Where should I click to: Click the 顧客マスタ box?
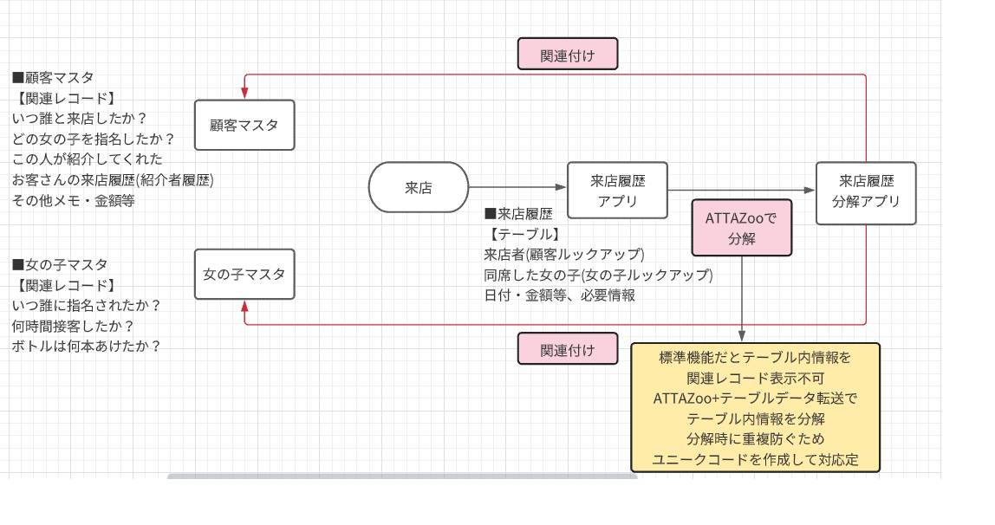click(x=244, y=126)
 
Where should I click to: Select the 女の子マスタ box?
click(x=244, y=275)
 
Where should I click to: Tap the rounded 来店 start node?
click(x=419, y=187)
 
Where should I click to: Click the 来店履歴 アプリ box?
click(x=617, y=191)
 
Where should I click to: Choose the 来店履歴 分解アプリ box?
click(x=866, y=192)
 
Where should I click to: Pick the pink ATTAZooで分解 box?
click(x=742, y=228)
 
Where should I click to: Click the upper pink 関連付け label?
click(x=568, y=54)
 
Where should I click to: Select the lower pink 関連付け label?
click(x=568, y=349)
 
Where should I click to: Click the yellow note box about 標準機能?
click(x=755, y=407)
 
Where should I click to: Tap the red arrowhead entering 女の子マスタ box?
click(x=245, y=307)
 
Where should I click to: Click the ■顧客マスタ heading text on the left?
click(x=53, y=77)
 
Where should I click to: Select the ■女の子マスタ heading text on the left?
click(x=60, y=264)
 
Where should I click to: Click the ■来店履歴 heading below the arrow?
click(x=518, y=214)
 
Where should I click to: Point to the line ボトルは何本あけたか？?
click(x=87, y=346)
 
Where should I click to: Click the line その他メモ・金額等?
click(x=74, y=200)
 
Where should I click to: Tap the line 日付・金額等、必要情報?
click(x=559, y=295)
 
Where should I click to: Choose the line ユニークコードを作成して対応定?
click(x=755, y=460)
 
